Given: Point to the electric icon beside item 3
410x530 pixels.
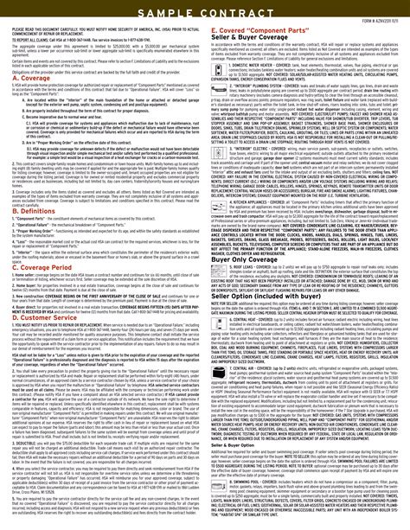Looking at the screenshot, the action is tap(217, 198).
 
